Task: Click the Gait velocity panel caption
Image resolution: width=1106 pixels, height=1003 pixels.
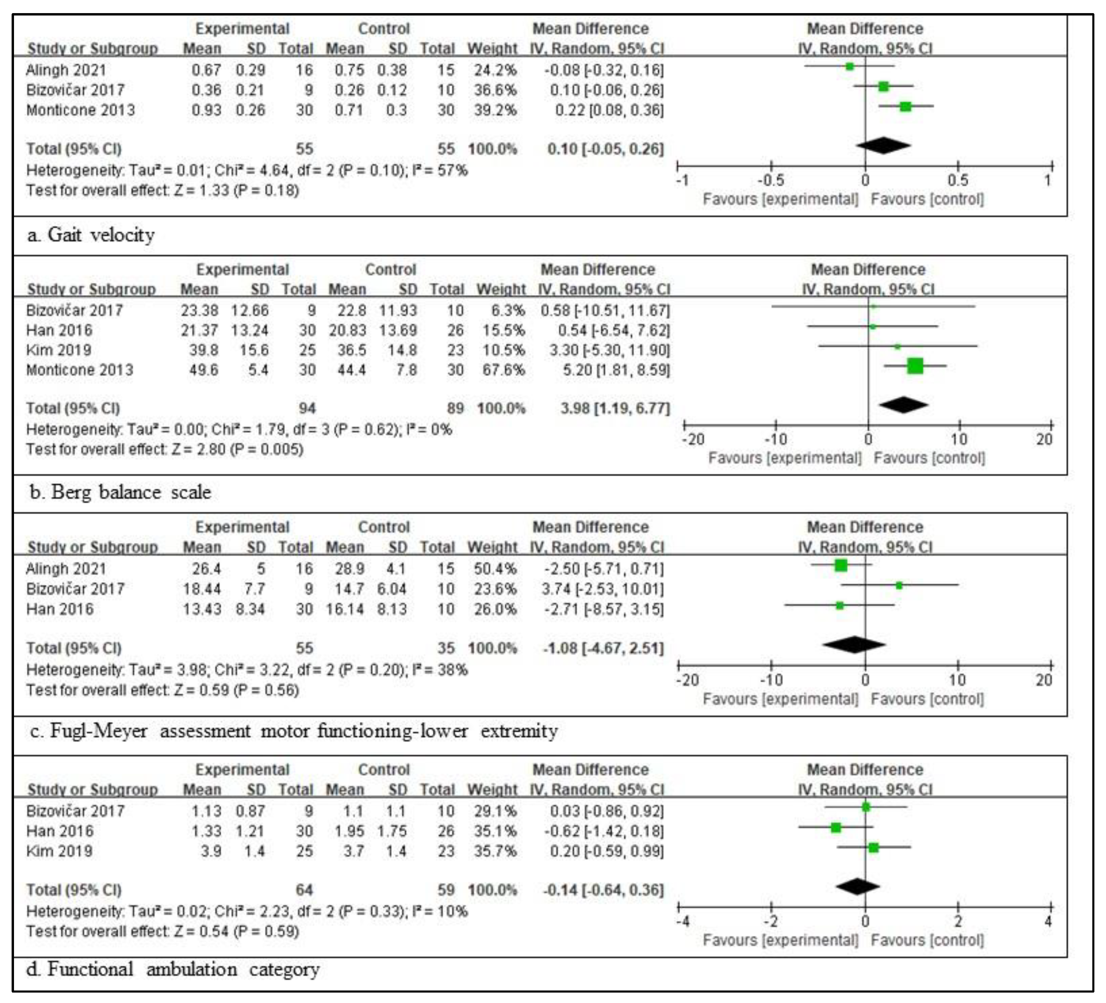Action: click(x=91, y=235)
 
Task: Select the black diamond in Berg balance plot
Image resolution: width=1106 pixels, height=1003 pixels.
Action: click(x=903, y=405)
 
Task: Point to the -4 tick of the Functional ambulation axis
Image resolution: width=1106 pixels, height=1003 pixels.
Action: click(x=683, y=922)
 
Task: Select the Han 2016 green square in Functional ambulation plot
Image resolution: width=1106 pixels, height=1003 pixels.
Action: click(x=836, y=827)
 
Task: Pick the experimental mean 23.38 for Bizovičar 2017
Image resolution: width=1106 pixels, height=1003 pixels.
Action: click(x=200, y=311)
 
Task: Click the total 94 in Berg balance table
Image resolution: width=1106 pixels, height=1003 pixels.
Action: click(x=307, y=408)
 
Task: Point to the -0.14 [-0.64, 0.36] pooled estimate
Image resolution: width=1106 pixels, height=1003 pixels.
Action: click(x=603, y=890)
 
